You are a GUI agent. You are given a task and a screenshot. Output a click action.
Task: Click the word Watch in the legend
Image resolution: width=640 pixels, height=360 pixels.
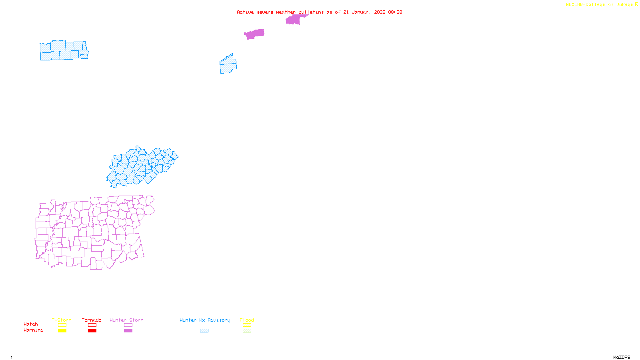[31, 324]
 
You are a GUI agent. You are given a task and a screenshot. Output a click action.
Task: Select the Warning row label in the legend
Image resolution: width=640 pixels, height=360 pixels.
[34, 330]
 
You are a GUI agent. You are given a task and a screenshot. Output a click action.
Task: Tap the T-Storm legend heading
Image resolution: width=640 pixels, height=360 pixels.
[62, 320]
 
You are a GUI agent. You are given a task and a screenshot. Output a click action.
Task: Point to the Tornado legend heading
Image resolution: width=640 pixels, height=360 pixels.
[92, 320]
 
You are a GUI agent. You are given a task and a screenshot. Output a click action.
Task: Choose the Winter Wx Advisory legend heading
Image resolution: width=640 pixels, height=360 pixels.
[205, 320]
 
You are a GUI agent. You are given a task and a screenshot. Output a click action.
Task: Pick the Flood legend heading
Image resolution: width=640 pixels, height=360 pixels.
[247, 320]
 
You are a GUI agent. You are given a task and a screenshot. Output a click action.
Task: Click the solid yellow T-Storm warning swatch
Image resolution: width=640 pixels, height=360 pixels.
[62, 331]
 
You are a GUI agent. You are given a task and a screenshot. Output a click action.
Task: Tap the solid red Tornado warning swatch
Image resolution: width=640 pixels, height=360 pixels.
[92, 331]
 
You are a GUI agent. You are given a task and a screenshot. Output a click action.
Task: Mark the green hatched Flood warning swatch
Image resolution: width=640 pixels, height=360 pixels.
[247, 331]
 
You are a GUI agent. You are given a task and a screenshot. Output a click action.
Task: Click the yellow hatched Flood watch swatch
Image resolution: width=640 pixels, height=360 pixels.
[247, 325]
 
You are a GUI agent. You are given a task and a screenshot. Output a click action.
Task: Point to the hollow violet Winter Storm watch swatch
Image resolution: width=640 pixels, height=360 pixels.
[128, 325]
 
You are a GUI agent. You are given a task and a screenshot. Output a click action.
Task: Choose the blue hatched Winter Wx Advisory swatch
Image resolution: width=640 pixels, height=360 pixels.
[204, 331]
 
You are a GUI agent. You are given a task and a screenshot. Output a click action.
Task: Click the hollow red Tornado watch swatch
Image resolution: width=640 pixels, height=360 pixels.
[92, 325]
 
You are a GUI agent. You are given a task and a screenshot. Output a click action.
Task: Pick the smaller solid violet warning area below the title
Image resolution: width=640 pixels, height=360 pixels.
[254, 34]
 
